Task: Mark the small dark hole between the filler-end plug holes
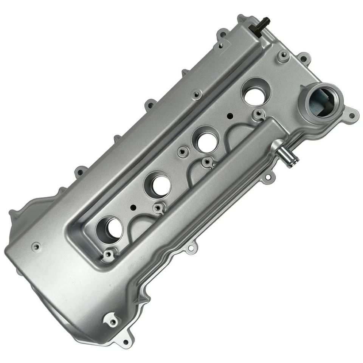pyautogui.click(x=230, y=116)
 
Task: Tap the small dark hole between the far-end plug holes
pyautogui.click(x=132, y=208)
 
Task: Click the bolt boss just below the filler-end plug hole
pyautogui.click(x=258, y=113)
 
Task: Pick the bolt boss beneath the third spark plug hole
pyautogui.click(x=158, y=207)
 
